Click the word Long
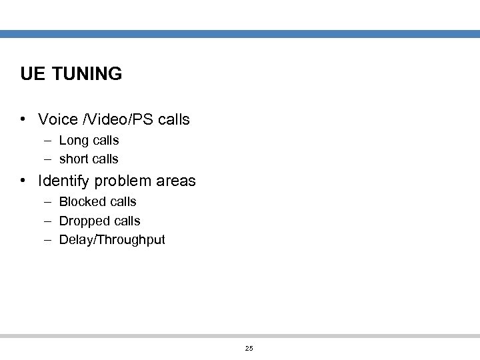tap(73, 141)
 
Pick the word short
tap(74, 159)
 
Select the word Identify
tap(67, 181)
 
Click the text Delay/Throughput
tap(112, 240)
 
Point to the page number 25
tap(249, 349)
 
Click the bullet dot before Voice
tap(23, 120)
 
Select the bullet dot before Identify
tap(23, 181)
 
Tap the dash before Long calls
tap(49, 141)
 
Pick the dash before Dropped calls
tap(49, 221)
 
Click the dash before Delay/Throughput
tap(49, 239)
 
